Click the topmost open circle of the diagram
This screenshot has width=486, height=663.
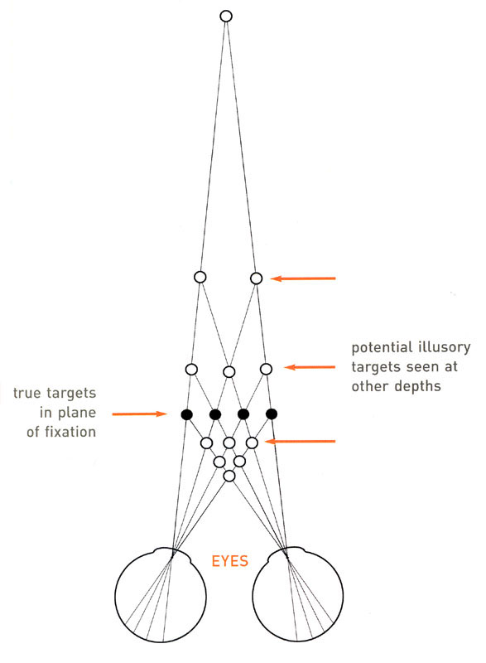click(x=226, y=17)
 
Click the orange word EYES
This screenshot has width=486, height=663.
click(x=229, y=561)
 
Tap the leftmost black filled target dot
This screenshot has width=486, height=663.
click(x=186, y=414)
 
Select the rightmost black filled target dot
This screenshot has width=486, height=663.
click(x=272, y=414)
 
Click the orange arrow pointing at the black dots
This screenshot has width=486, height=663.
click(x=140, y=414)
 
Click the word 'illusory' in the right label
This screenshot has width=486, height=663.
click(x=445, y=347)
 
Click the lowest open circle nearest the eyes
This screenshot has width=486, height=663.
click(x=229, y=476)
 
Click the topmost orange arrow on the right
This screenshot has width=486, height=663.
click(x=303, y=278)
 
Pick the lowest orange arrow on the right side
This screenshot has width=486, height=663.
click(x=300, y=442)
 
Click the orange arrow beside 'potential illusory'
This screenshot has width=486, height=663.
click(x=310, y=367)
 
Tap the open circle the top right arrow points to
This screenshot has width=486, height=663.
click(x=257, y=278)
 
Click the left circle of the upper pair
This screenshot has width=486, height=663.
click(x=200, y=278)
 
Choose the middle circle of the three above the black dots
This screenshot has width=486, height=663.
click(x=229, y=372)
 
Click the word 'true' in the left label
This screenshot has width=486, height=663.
click(x=26, y=393)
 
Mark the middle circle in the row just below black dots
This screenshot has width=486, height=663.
click(x=229, y=443)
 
